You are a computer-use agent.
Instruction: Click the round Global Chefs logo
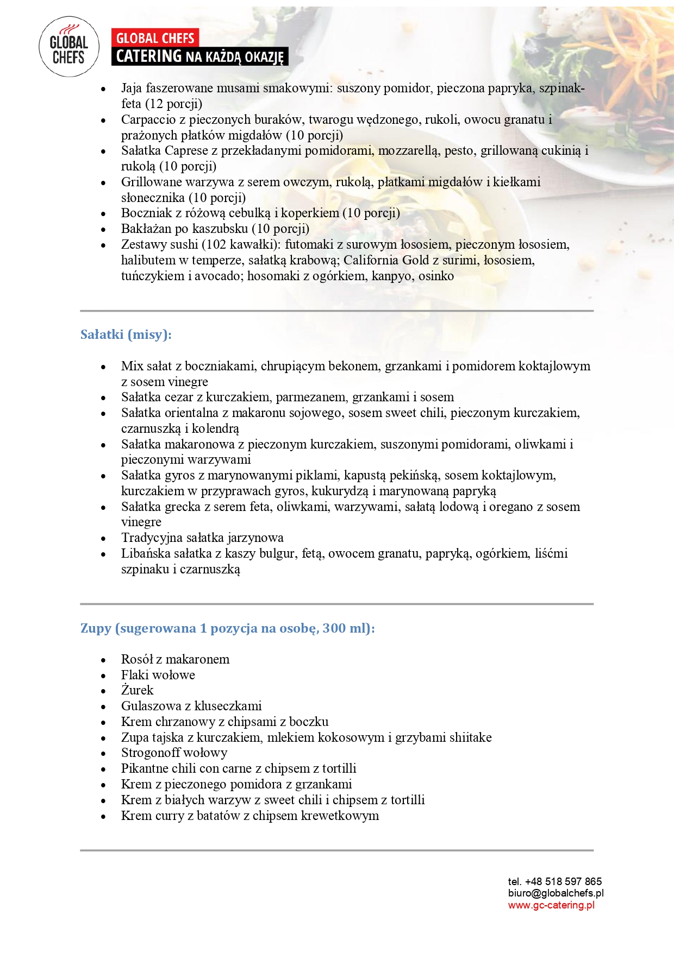pyautogui.click(x=69, y=47)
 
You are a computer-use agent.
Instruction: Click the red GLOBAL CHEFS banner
pyautogui.click(x=155, y=38)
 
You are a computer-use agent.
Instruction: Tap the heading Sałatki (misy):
pyautogui.click(x=126, y=335)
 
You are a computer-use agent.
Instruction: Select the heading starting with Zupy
pyautogui.click(x=227, y=628)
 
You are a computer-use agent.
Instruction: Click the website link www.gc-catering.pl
pyautogui.click(x=551, y=905)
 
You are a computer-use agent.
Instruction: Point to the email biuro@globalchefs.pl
pyautogui.click(x=556, y=893)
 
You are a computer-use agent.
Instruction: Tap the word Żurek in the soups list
pyautogui.click(x=137, y=690)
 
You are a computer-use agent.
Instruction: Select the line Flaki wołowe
pyautogui.click(x=158, y=675)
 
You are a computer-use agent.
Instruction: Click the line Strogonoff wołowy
pyautogui.click(x=174, y=753)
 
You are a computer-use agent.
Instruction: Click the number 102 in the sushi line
pyautogui.click(x=216, y=245)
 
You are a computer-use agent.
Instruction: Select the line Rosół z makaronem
pyautogui.click(x=175, y=659)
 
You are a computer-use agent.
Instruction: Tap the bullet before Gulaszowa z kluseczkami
pyautogui.click(x=103, y=707)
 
